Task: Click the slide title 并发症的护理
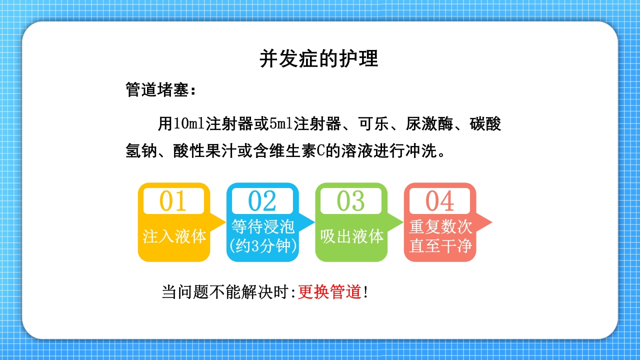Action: [x=319, y=58]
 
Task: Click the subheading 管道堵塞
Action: [x=157, y=90]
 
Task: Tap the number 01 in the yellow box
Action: [x=173, y=201]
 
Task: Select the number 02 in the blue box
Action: [x=262, y=201]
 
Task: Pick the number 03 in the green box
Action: [x=350, y=201]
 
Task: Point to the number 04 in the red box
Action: [x=439, y=201]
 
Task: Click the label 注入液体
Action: [x=174, y=236]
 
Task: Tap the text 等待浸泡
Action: [x=262, y=226]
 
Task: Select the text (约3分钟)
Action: [x=262, y=246]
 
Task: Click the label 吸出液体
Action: [x=351, y=236]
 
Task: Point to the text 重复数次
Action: [x=440, y=226]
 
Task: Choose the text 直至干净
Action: [x=440, y=246]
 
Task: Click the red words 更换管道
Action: [x=329, y=292]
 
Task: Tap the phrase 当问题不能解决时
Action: [x=225, y=292]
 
